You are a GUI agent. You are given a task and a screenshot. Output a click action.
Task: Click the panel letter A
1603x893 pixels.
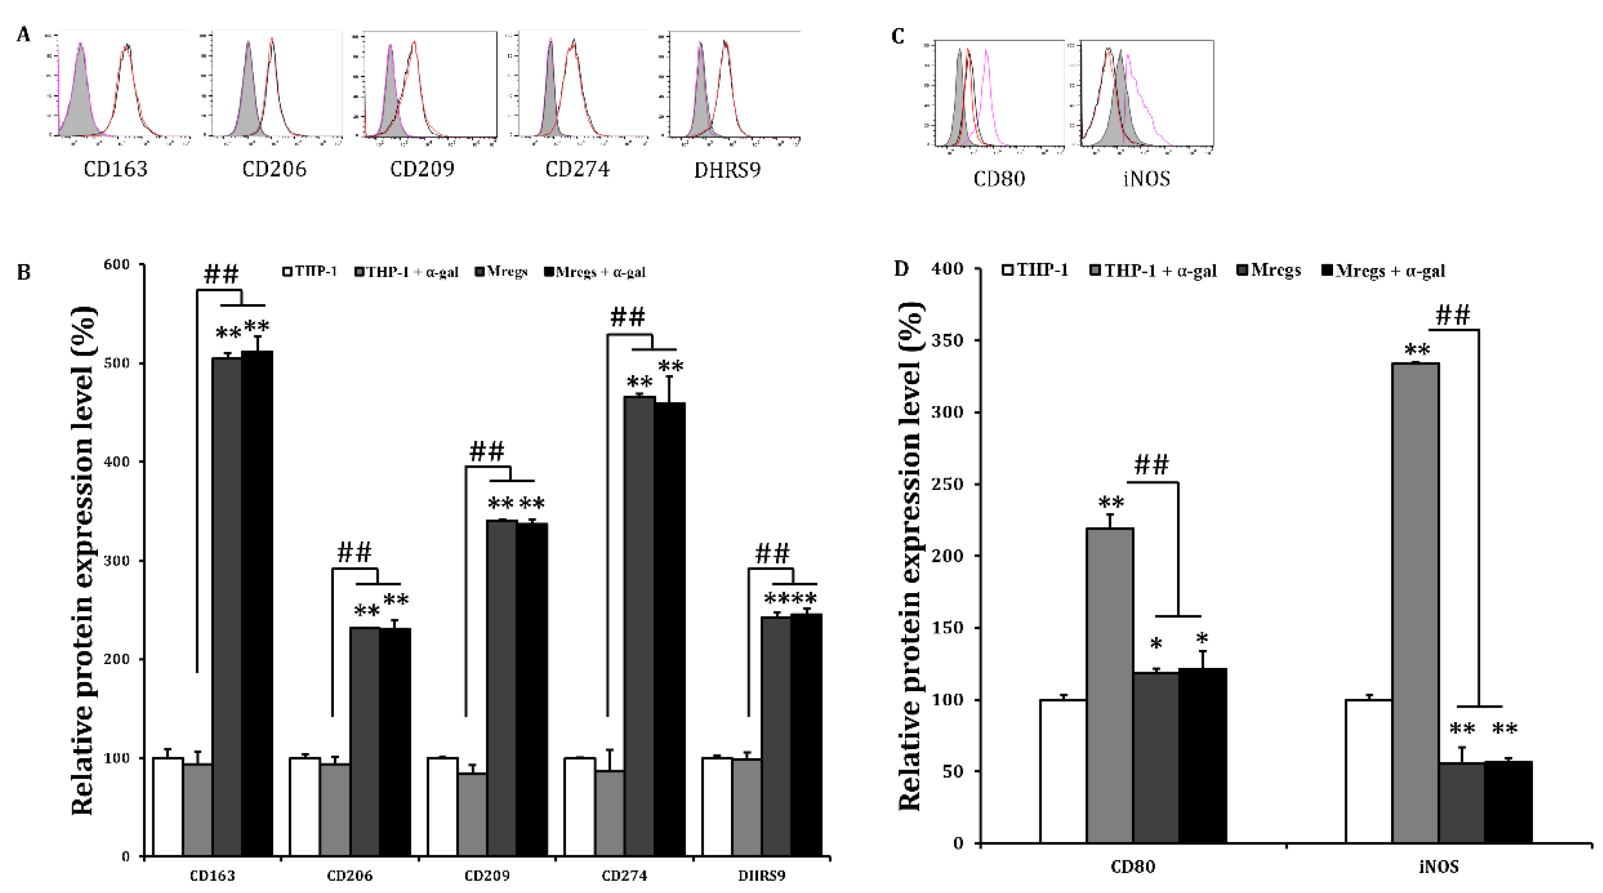pyautogui.click(x=24, y=35)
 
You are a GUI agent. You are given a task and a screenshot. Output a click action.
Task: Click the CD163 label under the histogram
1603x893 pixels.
pyautogui.click(x=116, y=169)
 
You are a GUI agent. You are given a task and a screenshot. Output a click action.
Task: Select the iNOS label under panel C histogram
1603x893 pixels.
pyautogui.click(x=1146, y=179)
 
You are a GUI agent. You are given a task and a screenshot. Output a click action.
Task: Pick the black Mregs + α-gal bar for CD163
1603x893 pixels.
pyautogui.click(x=257, y=604)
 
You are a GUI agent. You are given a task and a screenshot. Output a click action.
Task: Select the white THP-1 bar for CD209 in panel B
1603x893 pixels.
pyautogui.click(x=442, y=806)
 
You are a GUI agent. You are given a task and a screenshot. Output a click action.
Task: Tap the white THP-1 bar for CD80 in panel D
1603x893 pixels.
pyautogui.click(x=1063, y=771)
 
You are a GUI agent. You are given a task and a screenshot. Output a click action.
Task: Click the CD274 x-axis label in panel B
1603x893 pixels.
pyautogui.click(x=624, y=875)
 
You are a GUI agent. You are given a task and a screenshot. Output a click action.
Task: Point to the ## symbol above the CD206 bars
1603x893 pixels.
pyautogui.click(x=355, y=552)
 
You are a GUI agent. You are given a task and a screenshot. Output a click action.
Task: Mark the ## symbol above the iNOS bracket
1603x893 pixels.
pyautogui.click(x=1453, y=315)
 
